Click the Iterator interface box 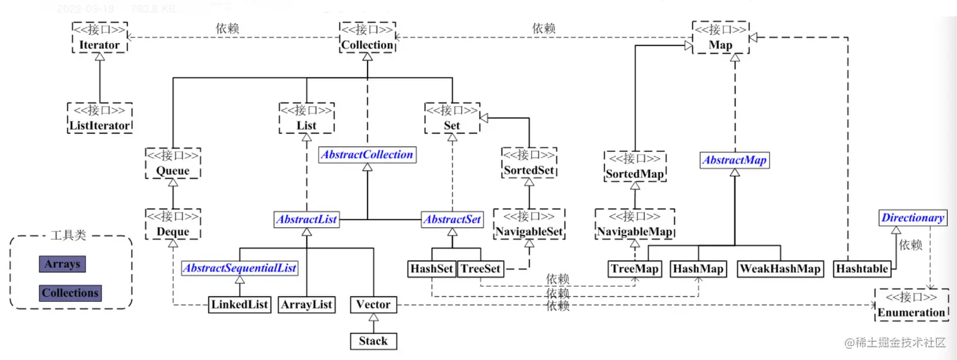[99, 37]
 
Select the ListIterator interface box [100, 118]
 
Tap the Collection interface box [367, 37]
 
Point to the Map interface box [720, 37]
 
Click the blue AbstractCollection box [367, 154]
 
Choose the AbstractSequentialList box [240, 268]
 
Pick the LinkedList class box [240, 305]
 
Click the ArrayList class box [306, 305]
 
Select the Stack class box [373, 341]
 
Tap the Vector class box [373, 305]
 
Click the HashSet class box [432, 269]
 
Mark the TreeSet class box [480, 269]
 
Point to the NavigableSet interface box [529, 224]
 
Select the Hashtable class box [862, 269]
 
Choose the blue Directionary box [913, 218]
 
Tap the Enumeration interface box [911, 304]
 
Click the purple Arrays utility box [61, 264]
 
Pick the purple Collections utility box [70, 293]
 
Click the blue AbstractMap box [734, 161]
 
